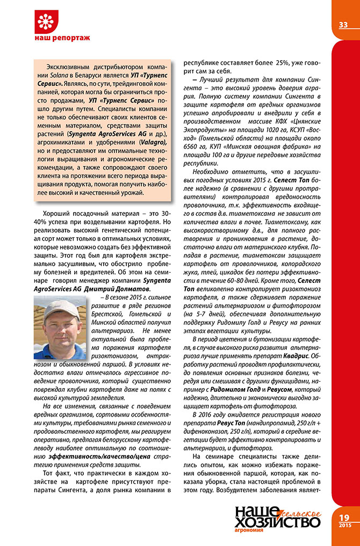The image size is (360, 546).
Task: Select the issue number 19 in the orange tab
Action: (x=344, y=516)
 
